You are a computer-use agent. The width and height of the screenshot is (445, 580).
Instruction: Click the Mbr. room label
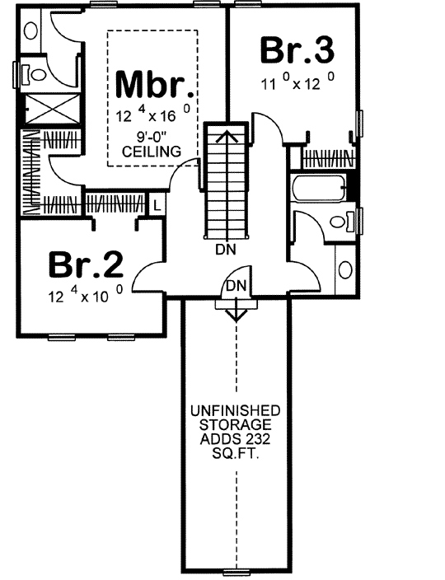tap(155, 86)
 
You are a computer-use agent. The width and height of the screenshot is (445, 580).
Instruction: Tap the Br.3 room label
tap(297, 50)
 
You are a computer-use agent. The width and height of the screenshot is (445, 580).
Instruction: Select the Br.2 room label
tap(86, 265)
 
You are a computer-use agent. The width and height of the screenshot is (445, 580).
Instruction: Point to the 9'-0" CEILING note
tap(152, 145)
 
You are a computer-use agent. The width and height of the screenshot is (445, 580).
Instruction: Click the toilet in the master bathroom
tap(33, 74)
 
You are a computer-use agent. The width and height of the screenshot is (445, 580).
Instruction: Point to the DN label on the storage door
tap(236, 285)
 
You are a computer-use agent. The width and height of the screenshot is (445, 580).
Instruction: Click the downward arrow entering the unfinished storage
tap(236, 313)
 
